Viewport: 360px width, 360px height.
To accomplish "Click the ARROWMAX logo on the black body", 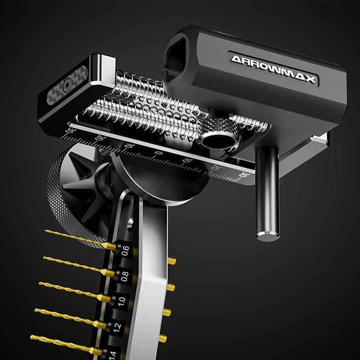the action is [273, 69].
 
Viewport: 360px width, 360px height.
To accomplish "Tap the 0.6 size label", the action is [125, 250].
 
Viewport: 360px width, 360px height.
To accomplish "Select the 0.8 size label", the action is [124, 276].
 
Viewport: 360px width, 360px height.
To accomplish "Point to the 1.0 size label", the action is [121, 301].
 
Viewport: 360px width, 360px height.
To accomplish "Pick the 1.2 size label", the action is [117, 327].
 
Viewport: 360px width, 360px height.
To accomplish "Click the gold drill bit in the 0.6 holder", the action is [80, 239].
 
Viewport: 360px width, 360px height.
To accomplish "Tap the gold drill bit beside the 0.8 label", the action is [79, 266].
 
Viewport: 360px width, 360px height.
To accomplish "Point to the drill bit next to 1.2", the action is [70, 318].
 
